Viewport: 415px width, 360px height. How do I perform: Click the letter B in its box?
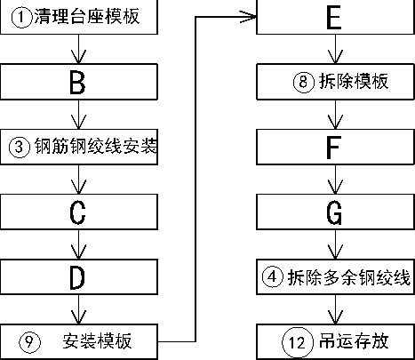(x=77, y=83)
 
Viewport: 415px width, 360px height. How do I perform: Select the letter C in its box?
(x=77, y=212)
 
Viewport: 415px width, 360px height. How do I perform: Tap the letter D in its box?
(x=77, y=277)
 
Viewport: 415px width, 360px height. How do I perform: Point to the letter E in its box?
(x=334, y=18)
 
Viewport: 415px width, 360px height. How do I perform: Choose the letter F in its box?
(x=333, y=148)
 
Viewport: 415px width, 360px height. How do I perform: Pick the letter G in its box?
(x=334, y=212)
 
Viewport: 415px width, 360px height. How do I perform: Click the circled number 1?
(x=21, y=17)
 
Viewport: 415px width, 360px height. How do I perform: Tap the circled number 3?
(x=20, y=147)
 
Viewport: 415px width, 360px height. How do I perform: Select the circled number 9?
(x=29, y=342)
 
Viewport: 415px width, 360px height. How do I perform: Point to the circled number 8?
(x=304, y=82)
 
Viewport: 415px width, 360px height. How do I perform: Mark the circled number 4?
(x=273, y=277)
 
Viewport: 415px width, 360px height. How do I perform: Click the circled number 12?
(x=298, y=342)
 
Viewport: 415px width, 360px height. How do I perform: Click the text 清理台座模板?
(x=87, y=16)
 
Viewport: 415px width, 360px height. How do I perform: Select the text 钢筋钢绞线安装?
(x=96, y=146)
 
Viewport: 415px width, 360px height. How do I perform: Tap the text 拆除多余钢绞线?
(x=349, y=277)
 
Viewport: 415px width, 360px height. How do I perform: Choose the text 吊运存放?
(x=354, y=341)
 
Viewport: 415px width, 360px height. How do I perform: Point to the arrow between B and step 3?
(x=78, y=115)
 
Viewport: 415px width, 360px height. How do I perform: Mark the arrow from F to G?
(x=335, y=180)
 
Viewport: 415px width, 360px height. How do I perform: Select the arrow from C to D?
(x=78, y=244)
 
